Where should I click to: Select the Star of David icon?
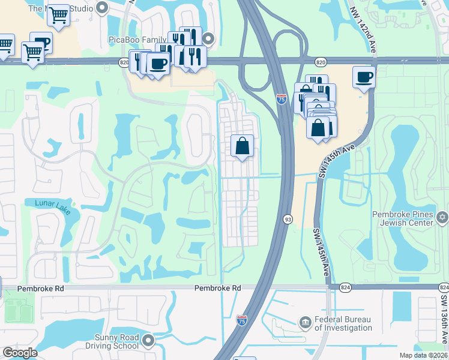[442, 217]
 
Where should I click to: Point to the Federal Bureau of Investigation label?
[343, 323]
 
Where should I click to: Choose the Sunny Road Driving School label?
[116, 341]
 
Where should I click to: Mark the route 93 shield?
[288, 220]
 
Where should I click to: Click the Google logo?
[20, 353]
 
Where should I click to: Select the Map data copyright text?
[423, 355]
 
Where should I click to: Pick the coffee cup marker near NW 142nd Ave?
[364, 77]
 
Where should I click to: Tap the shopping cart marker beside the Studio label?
[58, 15]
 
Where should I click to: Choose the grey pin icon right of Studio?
[101, 8]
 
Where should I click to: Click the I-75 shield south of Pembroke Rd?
[241, 320]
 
